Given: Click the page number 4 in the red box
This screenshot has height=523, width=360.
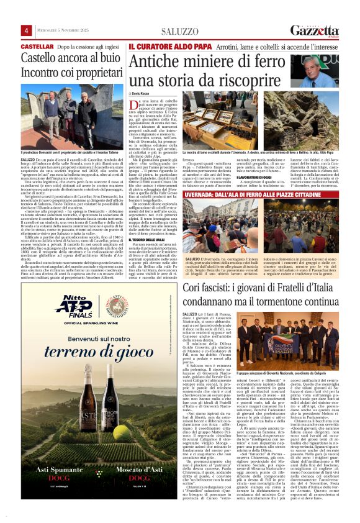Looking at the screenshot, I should point(27,30).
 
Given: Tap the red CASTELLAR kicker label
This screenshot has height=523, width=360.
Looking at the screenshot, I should point(37,47).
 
